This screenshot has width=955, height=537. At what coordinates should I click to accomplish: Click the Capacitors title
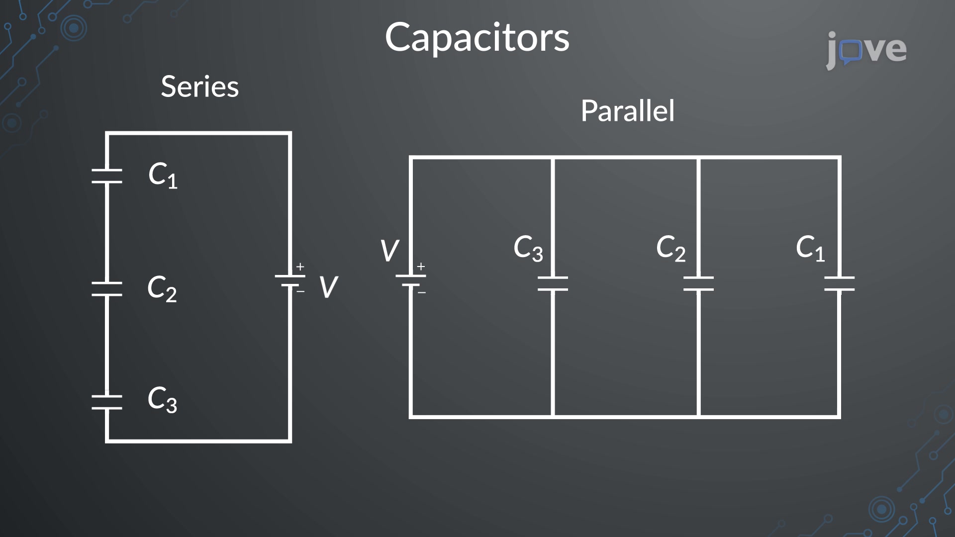(x=477, y=38)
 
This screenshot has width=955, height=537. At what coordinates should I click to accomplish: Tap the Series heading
(x=200, y=87)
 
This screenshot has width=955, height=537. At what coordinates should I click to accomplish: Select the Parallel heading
(x=628, y=110)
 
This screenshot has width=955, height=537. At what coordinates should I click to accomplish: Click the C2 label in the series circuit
(x=162, y=288)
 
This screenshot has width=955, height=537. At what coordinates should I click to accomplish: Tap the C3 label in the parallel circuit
(x=528, y=248)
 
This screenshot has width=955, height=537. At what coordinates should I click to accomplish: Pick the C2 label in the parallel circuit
(x=671, y=248)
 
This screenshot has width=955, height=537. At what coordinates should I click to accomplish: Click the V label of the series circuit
(x=328, y=287)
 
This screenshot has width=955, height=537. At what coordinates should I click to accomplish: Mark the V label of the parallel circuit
(x=389, y=251)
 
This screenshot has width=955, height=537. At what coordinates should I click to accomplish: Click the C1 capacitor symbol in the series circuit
(x=107, y=176)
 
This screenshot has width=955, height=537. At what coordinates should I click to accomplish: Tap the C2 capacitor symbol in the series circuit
(x=107, y=289)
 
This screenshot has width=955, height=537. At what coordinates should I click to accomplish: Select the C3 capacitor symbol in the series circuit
(x=107, y=402)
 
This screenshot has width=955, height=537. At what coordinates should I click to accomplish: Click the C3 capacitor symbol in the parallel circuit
(x=553, y=283)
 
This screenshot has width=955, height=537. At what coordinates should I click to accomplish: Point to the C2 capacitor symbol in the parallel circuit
(x=698, y=283)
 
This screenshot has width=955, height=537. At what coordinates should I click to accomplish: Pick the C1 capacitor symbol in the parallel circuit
(x=840, y=283)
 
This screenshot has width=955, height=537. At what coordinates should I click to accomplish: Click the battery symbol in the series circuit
(x=290, y=280)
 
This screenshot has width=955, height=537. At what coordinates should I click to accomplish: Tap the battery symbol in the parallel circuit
(x=411, y=280)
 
